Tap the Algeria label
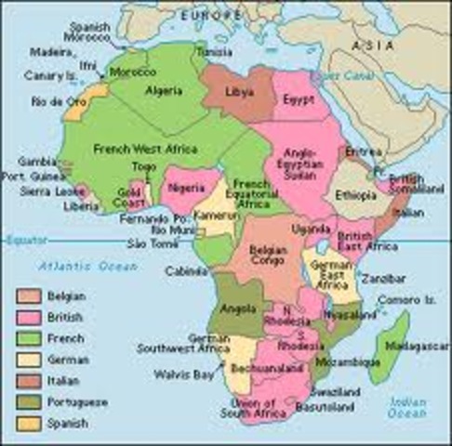point(163,90)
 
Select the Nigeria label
point(184,186)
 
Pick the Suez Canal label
point(331,74)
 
